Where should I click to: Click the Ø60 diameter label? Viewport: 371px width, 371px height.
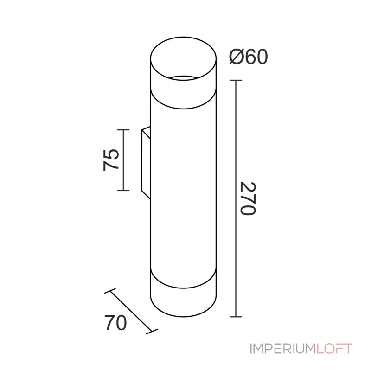pyautogui.click(x=249, y=57)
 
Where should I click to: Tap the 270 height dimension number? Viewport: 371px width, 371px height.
pyautogui.click(x=248, y=199)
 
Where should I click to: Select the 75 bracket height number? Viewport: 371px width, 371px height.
pyautogui.click(x=111, y=160)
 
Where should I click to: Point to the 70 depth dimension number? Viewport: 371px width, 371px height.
pyautogui.click(x=115, y=323)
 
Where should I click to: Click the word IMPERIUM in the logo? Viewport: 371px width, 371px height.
pyautogui.click(x=283, y=349)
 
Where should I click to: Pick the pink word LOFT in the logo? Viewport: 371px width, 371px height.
pyautogui.click(x=334, y=349)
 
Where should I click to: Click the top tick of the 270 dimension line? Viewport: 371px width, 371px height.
pyautogui.click(x=236, y=80)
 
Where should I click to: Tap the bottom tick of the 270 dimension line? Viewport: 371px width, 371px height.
pyautogui.click(x=236, y=317)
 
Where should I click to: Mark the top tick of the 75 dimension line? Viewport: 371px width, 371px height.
pyautogui.click(x=123, y=130)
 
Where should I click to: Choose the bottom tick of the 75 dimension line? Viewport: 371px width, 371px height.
pyautogui.click(x=123, y=190)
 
